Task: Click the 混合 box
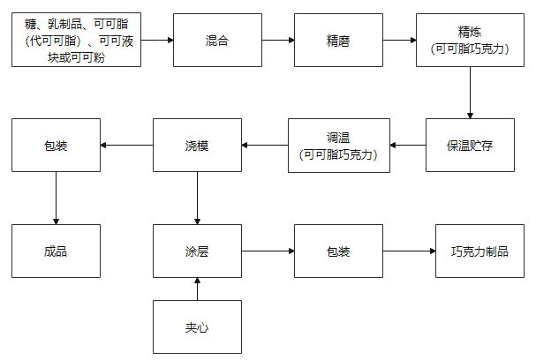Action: (217, 40)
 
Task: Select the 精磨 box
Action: (338, 40)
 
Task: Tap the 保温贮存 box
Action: (470, 146)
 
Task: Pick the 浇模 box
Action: (197, 146)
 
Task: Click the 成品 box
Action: (56, 251)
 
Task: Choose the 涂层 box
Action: (197, 251)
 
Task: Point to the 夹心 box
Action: (197, 326)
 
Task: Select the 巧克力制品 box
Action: (480, 251)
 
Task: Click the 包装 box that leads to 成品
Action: (56, 146)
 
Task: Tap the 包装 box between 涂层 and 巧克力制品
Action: (338, 251)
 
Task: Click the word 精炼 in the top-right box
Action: (470, 33)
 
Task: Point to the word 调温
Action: (338, 138)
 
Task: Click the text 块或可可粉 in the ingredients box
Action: (76, 57)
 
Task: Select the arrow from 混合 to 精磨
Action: (278, 40)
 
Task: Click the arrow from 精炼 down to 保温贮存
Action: (470, 93)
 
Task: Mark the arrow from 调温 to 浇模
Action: (265, 146)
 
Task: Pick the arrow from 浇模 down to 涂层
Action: (197, 199)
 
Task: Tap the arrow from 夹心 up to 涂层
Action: (197, 289)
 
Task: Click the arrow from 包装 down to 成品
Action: (56, 199)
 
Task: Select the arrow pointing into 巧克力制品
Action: (409, 251)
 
